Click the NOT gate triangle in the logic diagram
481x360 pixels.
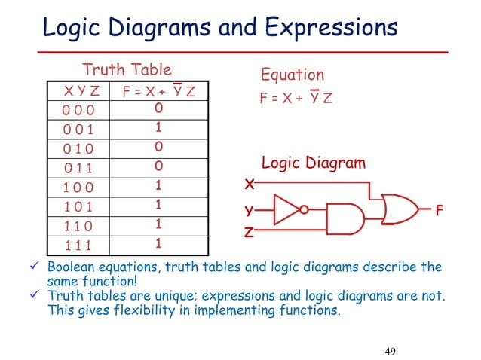[x=285, y=210]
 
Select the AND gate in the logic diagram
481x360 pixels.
[x=342, y=218]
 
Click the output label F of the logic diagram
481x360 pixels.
[x=440, y=209]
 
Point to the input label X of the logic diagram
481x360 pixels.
[x=250, y=184]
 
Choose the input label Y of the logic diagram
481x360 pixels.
[x=249, y=210]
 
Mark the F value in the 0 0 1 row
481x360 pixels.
[x=158, y=127]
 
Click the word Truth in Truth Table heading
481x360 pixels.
[x=104, y=70]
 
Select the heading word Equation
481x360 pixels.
[x=292, y=75]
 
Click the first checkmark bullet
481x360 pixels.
[x=32, y=267]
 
